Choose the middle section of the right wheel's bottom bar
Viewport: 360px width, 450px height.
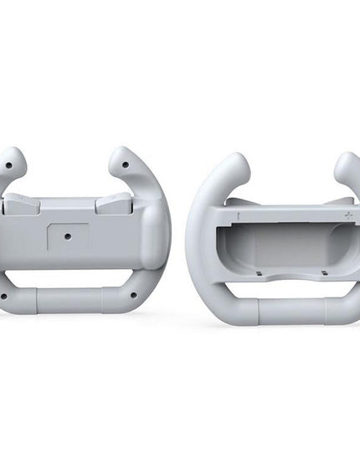click(289, 313)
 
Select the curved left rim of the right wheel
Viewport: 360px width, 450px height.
click(198, 243)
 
